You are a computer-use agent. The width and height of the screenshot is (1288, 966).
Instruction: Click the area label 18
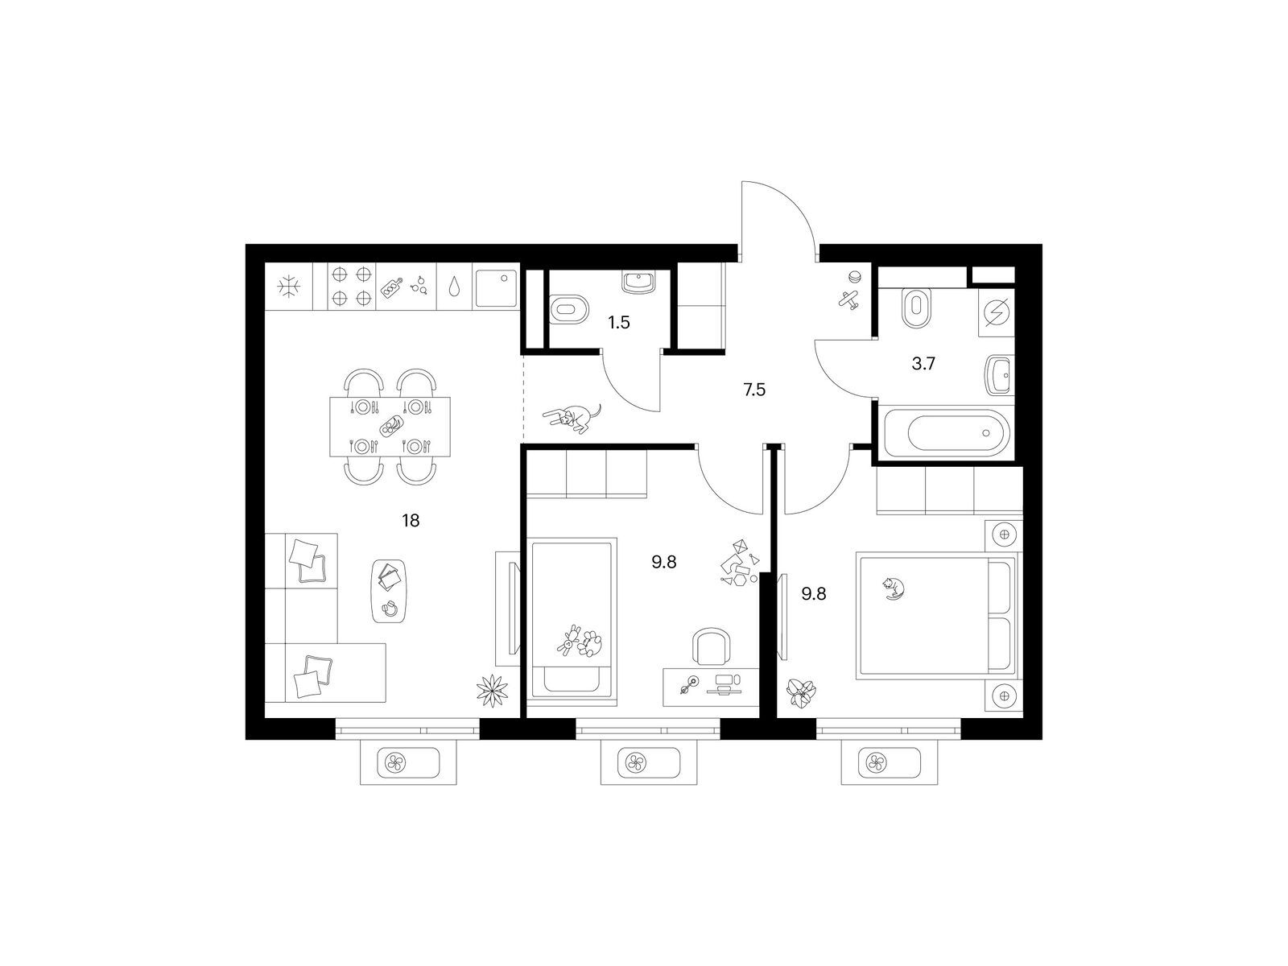pos(411,520)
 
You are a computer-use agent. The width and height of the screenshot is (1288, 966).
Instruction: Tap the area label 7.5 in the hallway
pos(754,390)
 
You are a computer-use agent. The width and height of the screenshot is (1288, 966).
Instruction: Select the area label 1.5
pos(619,322)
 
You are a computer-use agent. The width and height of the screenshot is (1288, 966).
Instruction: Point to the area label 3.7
pos(923,364)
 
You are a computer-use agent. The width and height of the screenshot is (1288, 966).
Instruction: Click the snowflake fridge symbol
pos(289,287)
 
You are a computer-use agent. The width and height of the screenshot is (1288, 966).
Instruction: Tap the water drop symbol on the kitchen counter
pos(454,287)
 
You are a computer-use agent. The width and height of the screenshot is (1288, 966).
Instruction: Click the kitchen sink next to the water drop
pos(496,288)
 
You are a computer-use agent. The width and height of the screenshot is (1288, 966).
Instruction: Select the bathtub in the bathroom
pos(945,433)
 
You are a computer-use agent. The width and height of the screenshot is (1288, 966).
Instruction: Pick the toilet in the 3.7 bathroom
pos(915,308)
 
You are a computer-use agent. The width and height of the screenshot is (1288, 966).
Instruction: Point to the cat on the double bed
pos(894,588)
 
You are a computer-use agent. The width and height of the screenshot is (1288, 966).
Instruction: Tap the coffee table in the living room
pos(389,590)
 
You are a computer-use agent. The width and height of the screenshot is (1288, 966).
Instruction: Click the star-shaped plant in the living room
pos(492,691)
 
